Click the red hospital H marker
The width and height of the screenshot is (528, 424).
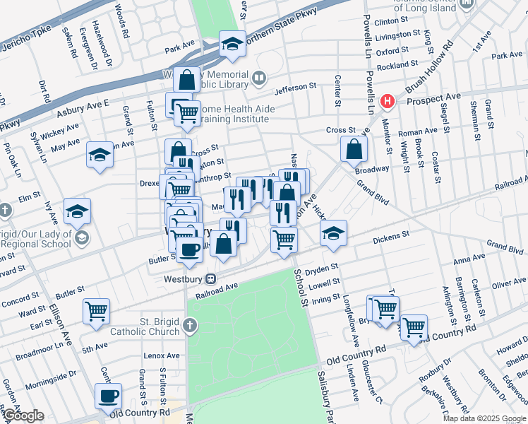(387, 102)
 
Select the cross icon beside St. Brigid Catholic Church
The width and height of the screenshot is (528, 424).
(188, 325)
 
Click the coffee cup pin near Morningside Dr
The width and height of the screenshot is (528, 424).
(108, 396)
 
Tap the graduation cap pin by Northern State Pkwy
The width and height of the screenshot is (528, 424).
(232, 45)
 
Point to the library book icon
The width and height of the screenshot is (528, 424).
(259, 78)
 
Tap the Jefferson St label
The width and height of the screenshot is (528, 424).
(296, 86)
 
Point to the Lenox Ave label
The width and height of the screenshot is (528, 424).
(160, 356)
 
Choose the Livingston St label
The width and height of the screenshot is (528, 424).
(397, 35)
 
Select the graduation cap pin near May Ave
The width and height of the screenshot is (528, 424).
(100, 155)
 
